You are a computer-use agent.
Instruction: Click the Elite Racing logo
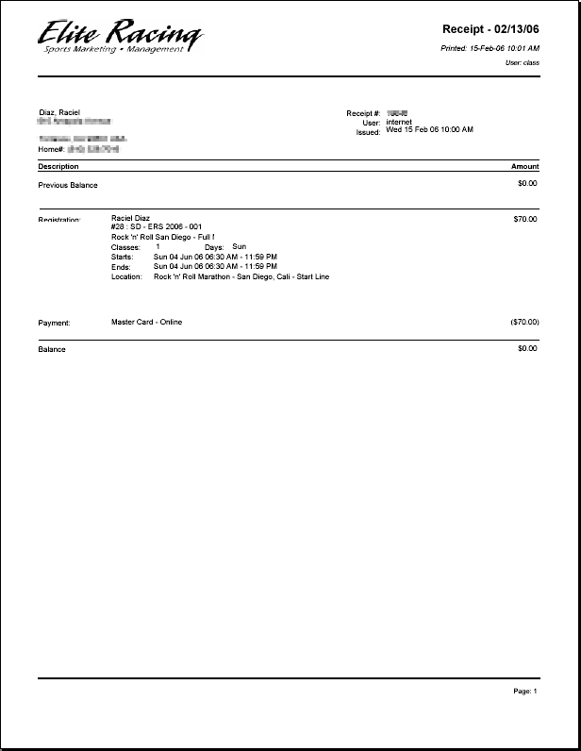point(120,36)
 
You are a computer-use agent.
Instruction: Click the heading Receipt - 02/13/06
point(490,29)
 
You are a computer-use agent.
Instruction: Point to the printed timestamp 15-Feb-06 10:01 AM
point(504,47)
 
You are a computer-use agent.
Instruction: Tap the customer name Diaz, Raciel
point(58,112)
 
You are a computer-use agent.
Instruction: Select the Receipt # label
point(363,113)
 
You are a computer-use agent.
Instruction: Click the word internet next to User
point(399,122)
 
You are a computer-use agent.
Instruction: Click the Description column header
point(58,166)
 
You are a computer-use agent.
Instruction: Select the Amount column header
point(524,166)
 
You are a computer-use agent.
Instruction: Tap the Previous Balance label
point(68,185)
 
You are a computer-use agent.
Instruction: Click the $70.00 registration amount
point(526,219)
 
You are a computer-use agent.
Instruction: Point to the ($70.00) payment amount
point(524,322)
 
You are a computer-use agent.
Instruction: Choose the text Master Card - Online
point(146,322)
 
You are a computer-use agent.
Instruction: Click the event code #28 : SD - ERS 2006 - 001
point(157,227)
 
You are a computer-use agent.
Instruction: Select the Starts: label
point(123,257)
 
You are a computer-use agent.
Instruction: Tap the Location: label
point(126,277)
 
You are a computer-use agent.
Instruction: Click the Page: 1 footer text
point(524,692)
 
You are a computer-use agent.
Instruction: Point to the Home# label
point(51,149)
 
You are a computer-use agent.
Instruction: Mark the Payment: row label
point(55,323)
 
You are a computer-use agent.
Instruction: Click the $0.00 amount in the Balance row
point(527,348)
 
